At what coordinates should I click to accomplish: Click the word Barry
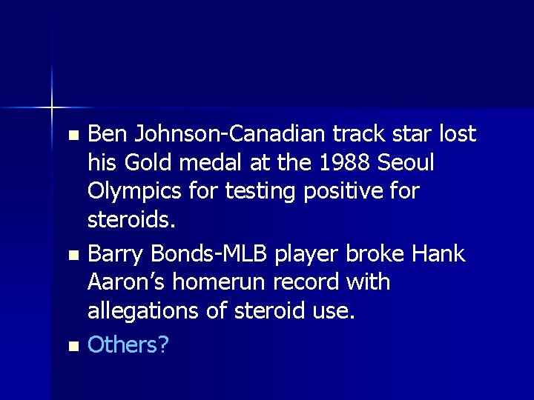[114, 254]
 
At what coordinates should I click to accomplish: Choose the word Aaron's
[126, 283]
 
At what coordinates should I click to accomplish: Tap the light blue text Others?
[128, 344]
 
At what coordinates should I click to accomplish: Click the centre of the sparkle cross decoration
[53, 107]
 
